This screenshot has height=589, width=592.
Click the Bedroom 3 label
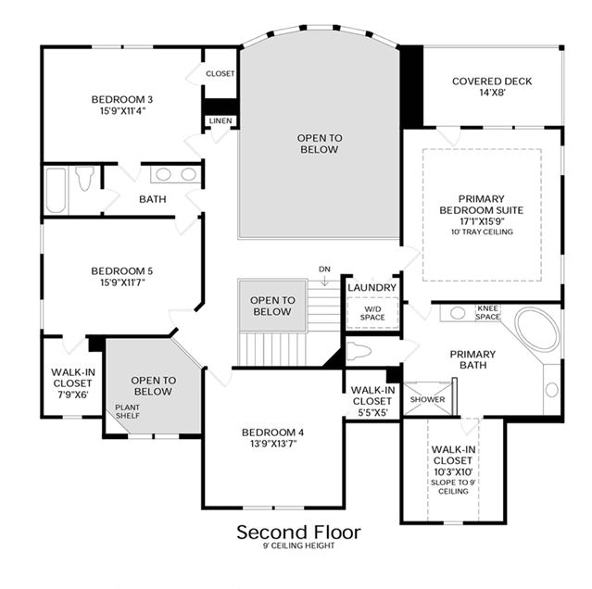click(x=122, y=100)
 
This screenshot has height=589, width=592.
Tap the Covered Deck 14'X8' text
click(x=492, y=87)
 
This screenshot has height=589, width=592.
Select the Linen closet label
click(x=220, y=120)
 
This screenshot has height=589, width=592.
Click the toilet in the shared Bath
click(x=84, y=178)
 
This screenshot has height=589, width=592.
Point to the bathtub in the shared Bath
click(x=56, y=191)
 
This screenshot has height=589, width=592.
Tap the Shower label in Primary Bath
click(x=427, y=399)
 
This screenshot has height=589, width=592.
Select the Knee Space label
click(x=487, y=312)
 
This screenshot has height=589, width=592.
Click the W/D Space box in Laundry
click(x=372, y=313)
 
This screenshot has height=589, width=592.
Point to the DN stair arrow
click(x=324, y=280)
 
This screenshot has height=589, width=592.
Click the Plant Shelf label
click(x=127, y=411)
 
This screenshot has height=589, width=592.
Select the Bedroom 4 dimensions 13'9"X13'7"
click(x=273, y=444)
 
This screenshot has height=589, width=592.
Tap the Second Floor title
click(x=298, y=532)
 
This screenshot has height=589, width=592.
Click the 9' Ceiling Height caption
click(x=298, y=545)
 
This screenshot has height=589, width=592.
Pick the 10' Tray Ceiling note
click(x=482, y=232)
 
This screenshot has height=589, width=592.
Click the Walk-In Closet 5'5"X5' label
click(x=372, y=401)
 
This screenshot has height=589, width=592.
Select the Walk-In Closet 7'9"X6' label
click(x=73, y=383)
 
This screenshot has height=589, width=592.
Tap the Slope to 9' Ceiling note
click(x=453, y=487)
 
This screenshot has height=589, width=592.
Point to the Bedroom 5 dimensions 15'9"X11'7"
click(x=122, y=282)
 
